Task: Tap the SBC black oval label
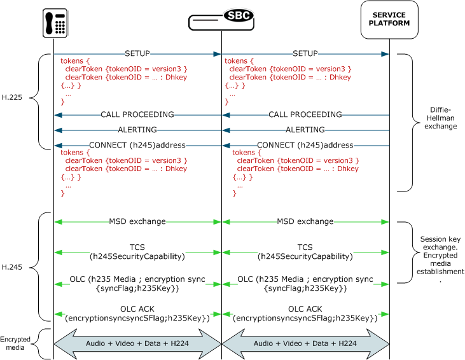coord(238,15)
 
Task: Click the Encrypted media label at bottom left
coord(15,343)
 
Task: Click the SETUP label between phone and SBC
coord(137,53)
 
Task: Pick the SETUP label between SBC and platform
coord(305,53)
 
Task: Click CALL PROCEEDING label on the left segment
coord(137,114)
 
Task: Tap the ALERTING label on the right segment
coord(305,130)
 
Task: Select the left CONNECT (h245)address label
coord(137,145)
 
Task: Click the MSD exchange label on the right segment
coord(305,221)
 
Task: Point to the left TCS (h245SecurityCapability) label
coord(137,252)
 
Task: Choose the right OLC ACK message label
coord(305,313)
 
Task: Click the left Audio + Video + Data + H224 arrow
coord(137,343)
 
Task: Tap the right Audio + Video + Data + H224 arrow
coord(305,343)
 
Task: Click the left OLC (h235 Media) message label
coord(137,284)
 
